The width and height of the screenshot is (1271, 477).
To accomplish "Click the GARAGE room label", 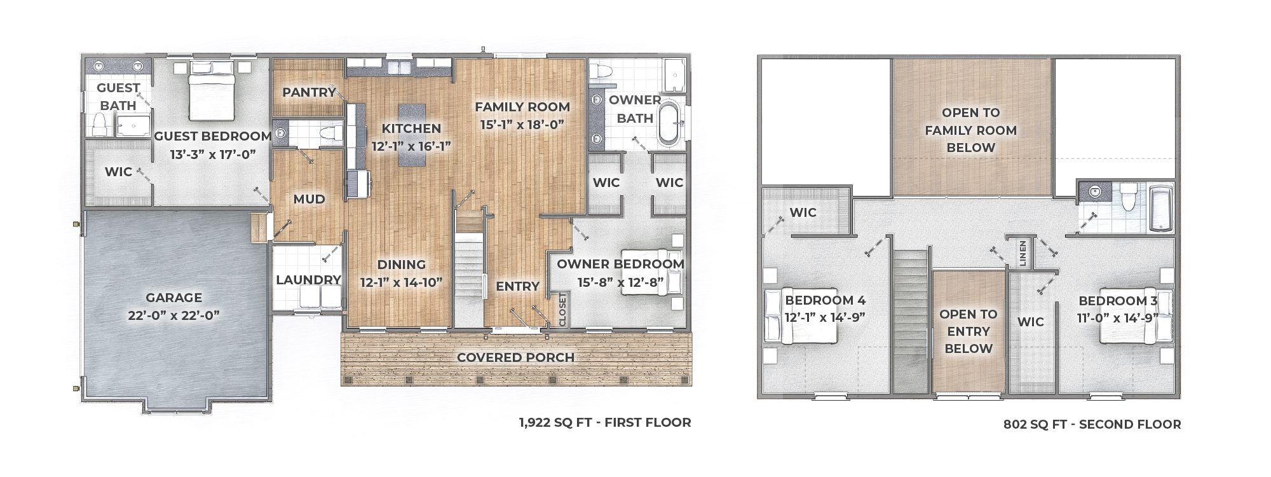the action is (x=173, y=298).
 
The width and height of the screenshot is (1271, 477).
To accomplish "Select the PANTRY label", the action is (x=309, y=92).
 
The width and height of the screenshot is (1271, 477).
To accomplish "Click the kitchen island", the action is (x=411, y=135).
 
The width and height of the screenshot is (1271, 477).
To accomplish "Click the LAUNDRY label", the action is (x=309, y=280).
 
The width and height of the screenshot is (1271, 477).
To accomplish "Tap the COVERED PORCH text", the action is (x=515, y=357).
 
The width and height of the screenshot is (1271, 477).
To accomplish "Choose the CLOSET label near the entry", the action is (x=562, y=310).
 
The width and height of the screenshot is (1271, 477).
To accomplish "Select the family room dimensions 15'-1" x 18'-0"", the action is (x=522, y=125).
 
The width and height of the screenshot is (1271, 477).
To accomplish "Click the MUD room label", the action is (x=309, y=199).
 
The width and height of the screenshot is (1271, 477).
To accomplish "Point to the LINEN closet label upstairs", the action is (x=1023, y=253).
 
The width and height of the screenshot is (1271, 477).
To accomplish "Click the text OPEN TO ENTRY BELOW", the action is (x=968, y=331).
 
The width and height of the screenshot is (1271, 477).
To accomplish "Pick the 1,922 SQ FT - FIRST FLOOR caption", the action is (x=604, y=422).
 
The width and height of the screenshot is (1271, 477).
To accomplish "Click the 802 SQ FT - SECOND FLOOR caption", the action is (x=1092, y=424).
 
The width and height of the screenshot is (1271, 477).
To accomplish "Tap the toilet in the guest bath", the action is (x=99, y=125).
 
